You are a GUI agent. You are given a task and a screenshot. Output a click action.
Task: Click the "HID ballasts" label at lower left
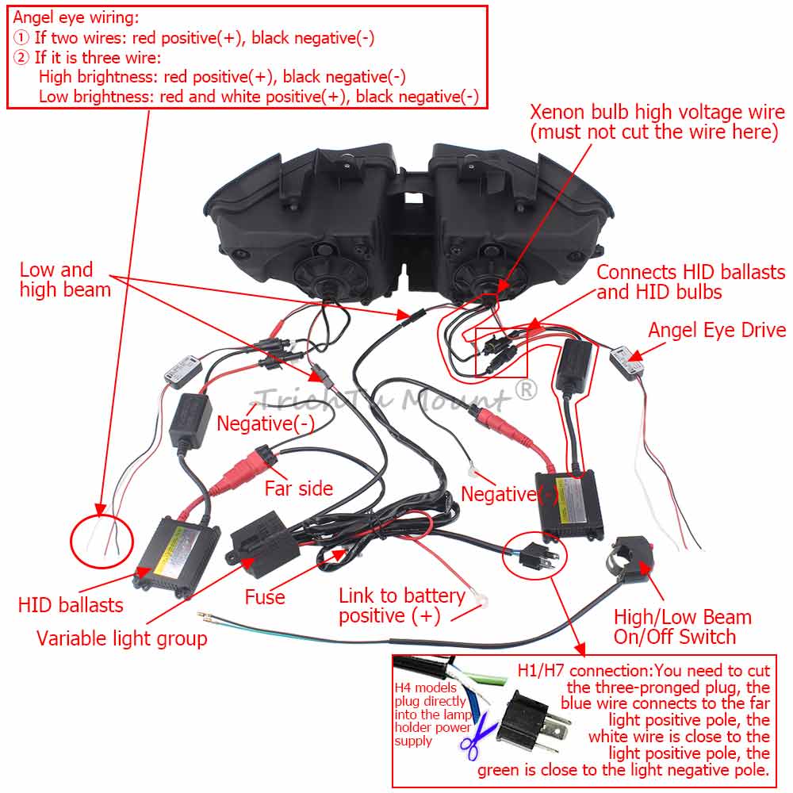tap(71, 605)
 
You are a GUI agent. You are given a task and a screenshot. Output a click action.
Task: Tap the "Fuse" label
tap(265, 596)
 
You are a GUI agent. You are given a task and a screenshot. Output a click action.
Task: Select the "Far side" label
tap(299, 488)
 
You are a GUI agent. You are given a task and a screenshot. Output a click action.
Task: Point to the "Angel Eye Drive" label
tap(717, 330)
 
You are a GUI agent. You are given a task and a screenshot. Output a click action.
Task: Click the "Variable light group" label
tap(122, 638)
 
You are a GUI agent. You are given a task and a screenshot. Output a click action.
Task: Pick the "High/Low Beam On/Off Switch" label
tap(682, 626)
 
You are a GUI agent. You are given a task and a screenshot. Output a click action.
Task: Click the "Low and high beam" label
tap(65, 280)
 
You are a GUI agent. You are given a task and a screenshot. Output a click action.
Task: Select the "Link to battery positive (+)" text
tap(401, 605)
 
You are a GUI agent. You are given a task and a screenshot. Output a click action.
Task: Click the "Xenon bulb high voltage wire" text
tap(654, 121)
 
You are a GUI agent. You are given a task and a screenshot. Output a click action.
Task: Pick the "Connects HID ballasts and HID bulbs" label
tap(690, 282)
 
